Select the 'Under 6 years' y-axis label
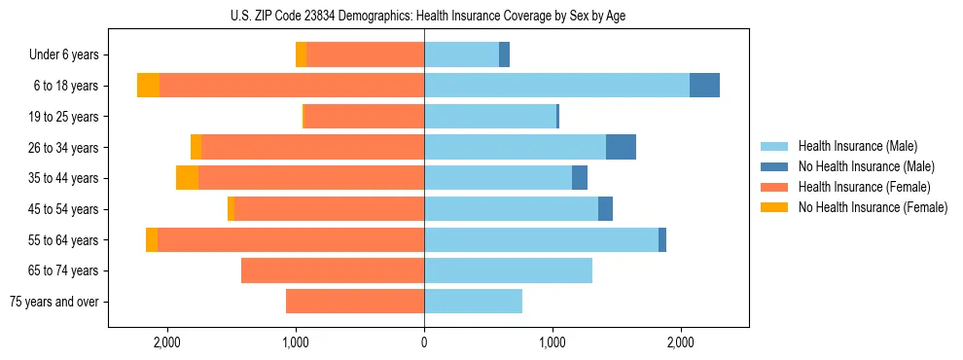click(63, 55)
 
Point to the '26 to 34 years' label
click(64, 148)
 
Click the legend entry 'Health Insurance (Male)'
click(857, 146)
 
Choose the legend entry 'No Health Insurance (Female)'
click(873, 207)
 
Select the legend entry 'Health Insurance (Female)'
click(864, 187)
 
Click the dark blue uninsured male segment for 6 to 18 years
click(704, 86)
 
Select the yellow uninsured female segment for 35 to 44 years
click(187, 178)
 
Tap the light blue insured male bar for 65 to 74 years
click(508, 270)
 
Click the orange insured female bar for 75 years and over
click(355, 302)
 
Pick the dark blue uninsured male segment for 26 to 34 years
click(621, 148)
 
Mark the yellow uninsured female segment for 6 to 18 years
click(148, 86)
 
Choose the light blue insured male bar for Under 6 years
click(461, 55)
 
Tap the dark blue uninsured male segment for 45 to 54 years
click(605, 209)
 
